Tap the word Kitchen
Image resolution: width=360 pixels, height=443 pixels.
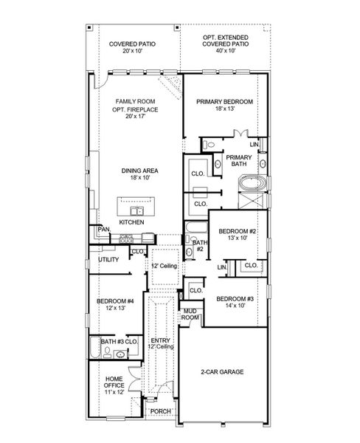pos(132,221)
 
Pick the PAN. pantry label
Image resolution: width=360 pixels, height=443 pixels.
pos(103,230)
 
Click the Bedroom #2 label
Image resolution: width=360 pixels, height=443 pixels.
pos(238,235)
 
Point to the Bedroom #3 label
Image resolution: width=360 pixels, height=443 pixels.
pos(234,302)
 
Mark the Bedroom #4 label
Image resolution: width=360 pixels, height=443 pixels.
pos(114,304)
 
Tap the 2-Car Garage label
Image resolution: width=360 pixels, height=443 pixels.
pos(223,372)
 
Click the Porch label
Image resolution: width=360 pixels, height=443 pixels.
pos(160,411)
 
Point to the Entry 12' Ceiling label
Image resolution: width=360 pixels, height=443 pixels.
pos(161,343)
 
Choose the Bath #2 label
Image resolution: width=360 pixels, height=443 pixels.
pos(198,245)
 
